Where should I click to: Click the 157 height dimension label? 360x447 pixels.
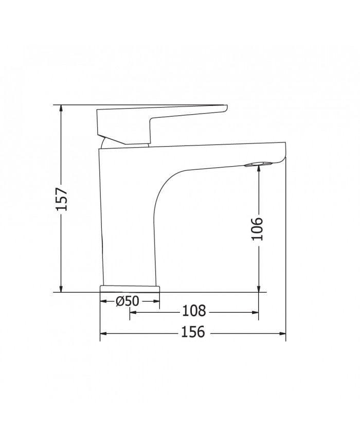pyautogui.click(x=61, y=198)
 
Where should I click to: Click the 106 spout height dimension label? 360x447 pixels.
pyautogui.click(x=258, y=228)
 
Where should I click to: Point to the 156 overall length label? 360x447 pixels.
pyautogui.click(x=193, y=333)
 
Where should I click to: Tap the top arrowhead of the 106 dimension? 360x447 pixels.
pyautogui.click(x=258, y=167)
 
